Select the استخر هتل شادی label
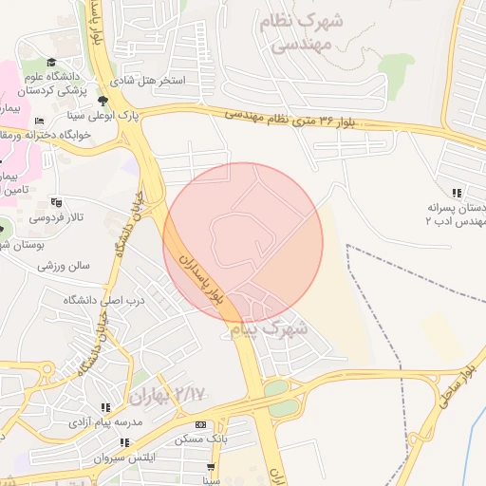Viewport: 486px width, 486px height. pyautogui.click(x=158, y=82)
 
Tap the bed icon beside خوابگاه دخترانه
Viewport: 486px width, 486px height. pyautogui.click(x=39, y=121)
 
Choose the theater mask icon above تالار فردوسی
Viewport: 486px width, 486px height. pyautogui.click(x=56, y=202)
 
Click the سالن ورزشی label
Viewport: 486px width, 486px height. pyautogui.click(x=64, y=266)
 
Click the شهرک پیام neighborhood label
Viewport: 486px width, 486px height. pyautogui.click(x=270, y=328)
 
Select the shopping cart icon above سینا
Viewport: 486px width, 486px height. pyautogui.click(x=211, y=468)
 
